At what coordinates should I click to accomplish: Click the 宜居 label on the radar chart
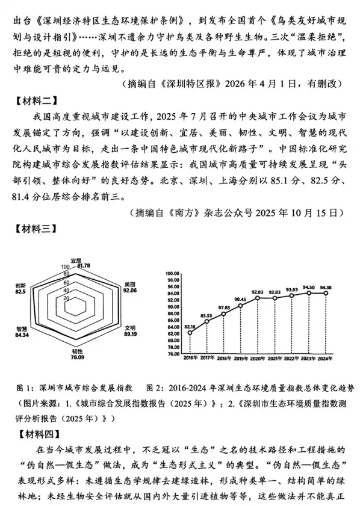pos(75,260)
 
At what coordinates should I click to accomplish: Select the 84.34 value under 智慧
pos(22,335)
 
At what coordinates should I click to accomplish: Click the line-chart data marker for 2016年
pos(190,333)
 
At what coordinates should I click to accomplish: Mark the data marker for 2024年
pos(325,294)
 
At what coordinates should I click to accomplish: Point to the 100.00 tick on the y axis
pos(172,273)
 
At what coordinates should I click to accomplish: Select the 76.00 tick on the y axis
pos(173,354)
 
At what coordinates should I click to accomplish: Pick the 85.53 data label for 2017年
pos(206,315)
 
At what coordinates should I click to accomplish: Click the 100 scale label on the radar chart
pos(66,267)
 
